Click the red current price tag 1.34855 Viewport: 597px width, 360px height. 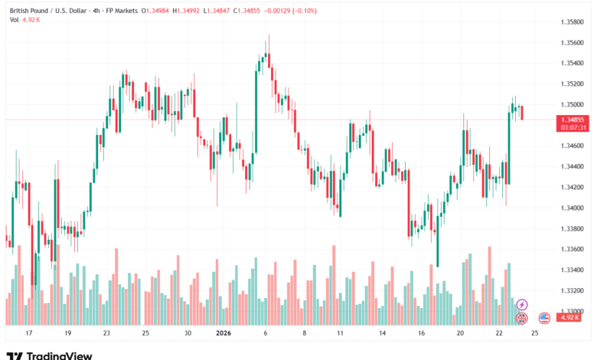click(573, 119)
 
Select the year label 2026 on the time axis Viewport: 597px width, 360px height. click(223, 334)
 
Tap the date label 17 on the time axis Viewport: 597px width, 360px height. click(28, 334)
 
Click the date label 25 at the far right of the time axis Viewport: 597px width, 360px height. click(533, 334)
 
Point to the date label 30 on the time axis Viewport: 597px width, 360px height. click(188, 334)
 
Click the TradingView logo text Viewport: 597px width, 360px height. click(60, 355)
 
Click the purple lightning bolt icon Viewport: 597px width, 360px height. click(522, 305)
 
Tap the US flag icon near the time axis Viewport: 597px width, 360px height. click(544, 317)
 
